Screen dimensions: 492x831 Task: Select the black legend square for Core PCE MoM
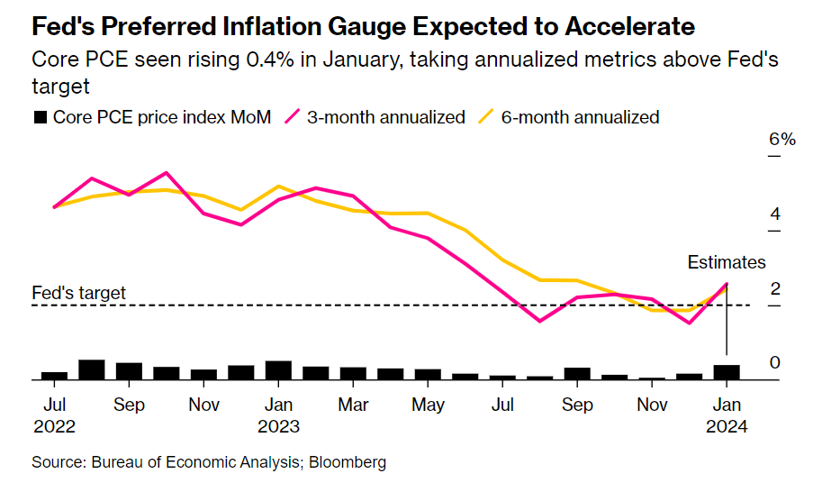tap(40, 117)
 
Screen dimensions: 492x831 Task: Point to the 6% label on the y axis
tap(781, 141)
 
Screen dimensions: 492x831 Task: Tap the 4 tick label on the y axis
tap(774, 214)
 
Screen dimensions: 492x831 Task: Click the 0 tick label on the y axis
tap(774, 363)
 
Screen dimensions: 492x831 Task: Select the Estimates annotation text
tap(727, 263)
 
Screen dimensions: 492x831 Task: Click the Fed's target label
tap(78, 293)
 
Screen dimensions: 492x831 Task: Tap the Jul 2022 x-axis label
tap(54, 415)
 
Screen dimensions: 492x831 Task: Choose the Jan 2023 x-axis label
tap(278, 415)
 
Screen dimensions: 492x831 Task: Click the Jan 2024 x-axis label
tap(726, 415)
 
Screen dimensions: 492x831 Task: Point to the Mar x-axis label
tap(353, 405)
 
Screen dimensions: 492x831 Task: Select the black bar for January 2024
tap(727, 372)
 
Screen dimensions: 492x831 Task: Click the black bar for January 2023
tap(278, 370)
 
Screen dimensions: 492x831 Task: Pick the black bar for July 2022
tap(55, 376)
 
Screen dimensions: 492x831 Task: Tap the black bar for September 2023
tap(577, 374)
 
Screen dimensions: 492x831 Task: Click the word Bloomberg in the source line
tap(348, 462)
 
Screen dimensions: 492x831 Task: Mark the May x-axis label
tap(427, 405)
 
